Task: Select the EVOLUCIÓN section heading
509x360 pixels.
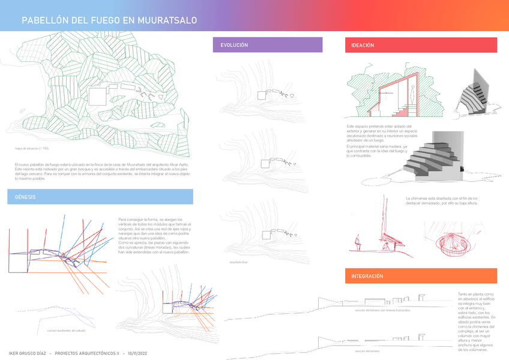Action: pyautogui.click(x=234, y=45)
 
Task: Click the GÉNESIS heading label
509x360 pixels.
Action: pyautogui.click(x=26, y=197)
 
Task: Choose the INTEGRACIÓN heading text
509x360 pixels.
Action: pyautogui.click(x=367, y=276)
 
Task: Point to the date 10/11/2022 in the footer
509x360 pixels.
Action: pyautogui.click(x=135, y=353)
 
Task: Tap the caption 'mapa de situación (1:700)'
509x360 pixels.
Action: pyautogui.click(x=32, y=148)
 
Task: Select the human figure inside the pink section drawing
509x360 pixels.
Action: pyautogui.click(x=413, y=93)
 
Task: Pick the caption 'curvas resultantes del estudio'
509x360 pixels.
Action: pyautogui.click(x=66, y=331)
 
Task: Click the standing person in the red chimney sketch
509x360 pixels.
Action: pyautogui.click(x=357, y=242)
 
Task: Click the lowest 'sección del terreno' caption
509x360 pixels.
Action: pyautogui.click(x=367, y=351)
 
